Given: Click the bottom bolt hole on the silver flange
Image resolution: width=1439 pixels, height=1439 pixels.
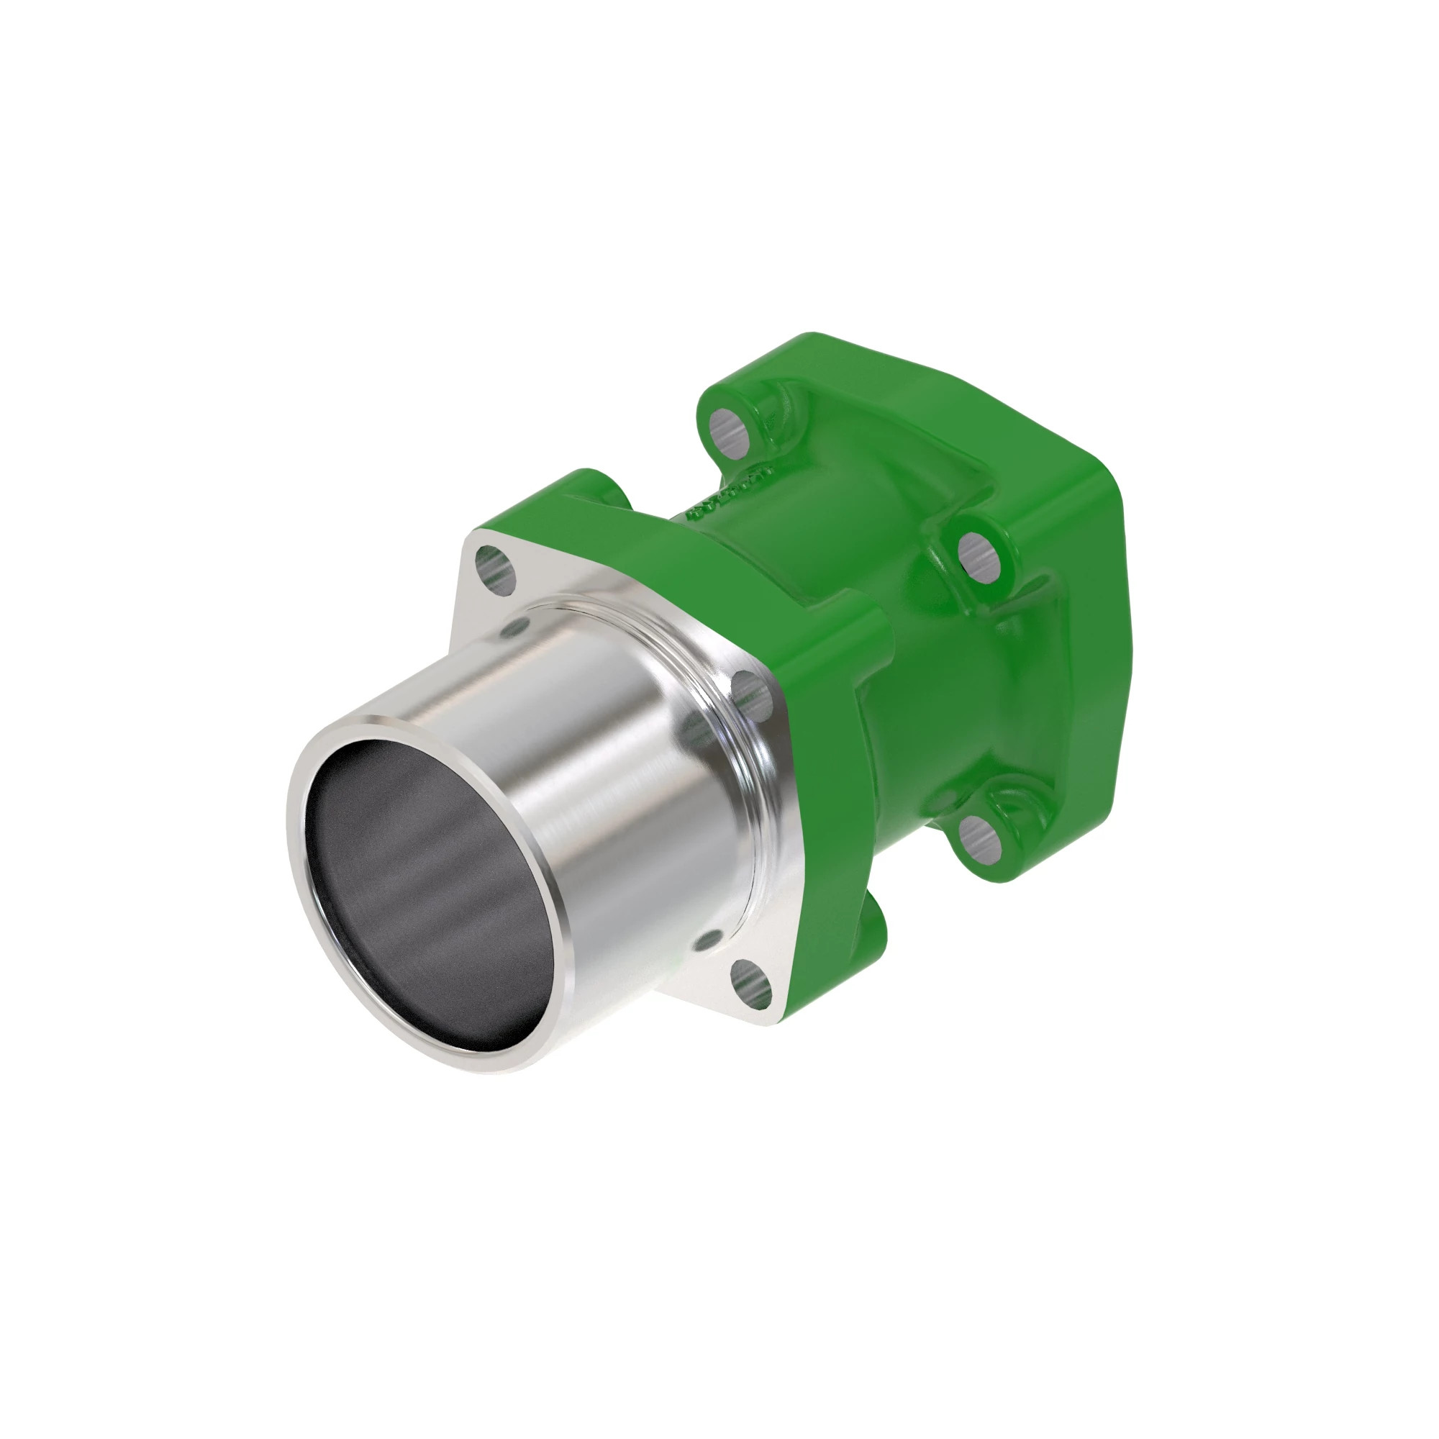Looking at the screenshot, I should point(750,985).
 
